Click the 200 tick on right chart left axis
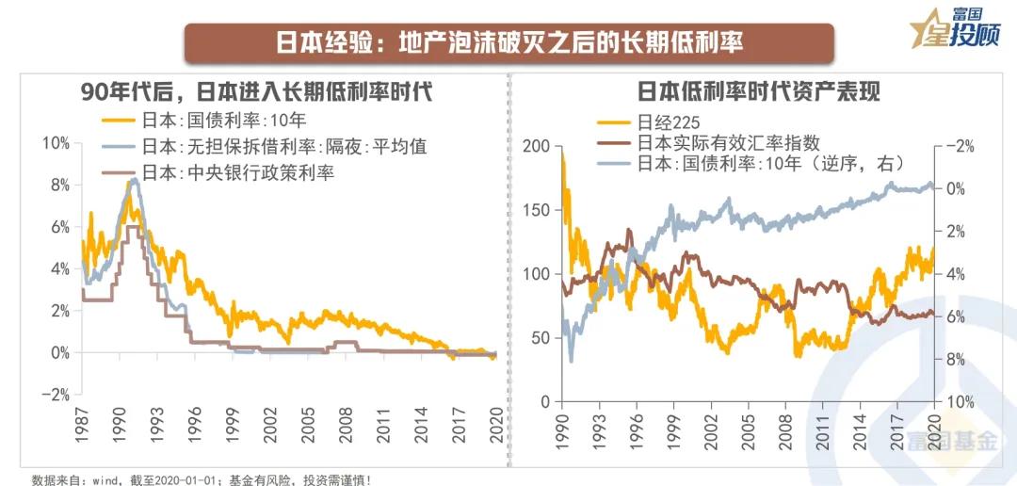coord(538,146)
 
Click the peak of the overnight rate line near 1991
coord(134,179)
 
